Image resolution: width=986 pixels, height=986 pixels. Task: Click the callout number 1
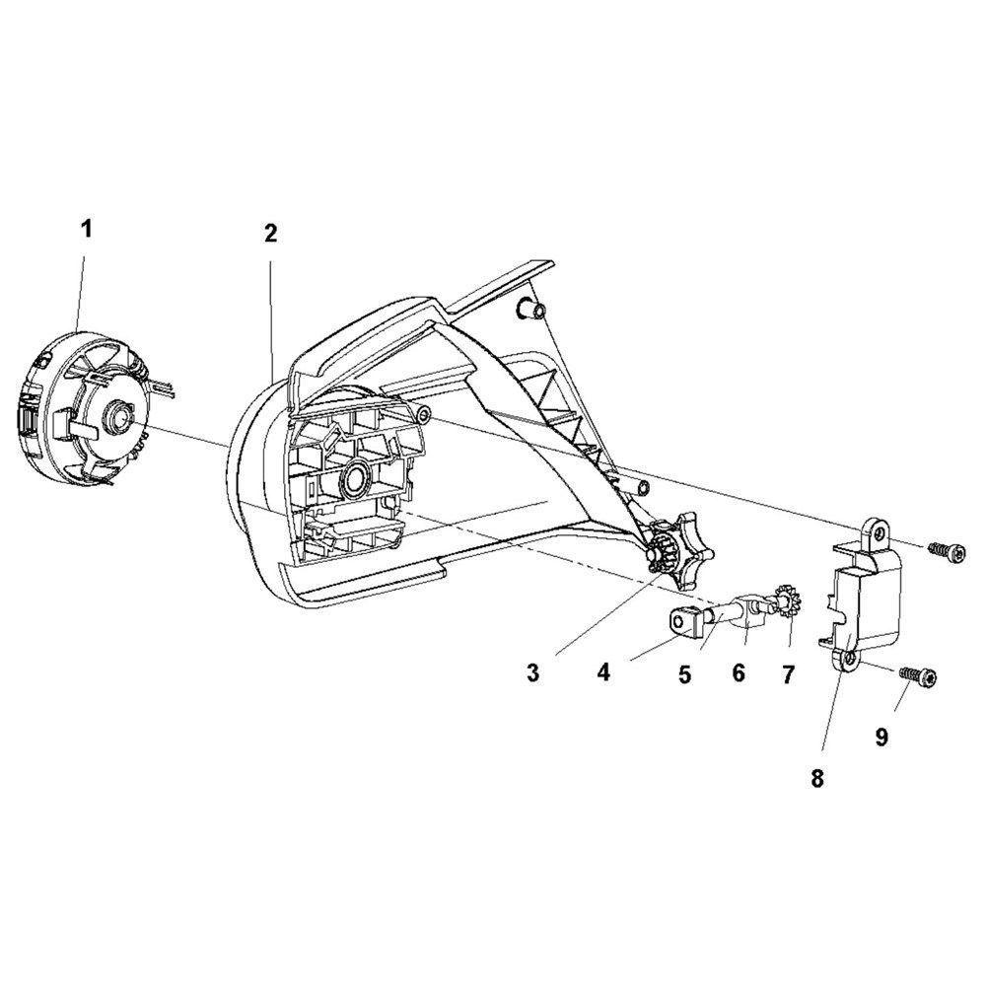86,229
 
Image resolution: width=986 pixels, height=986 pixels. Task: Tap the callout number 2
270,234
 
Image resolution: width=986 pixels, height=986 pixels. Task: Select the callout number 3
533,673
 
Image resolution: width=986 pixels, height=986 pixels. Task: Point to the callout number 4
604,672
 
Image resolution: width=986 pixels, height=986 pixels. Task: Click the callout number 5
685,674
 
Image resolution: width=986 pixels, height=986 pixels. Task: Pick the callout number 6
739,672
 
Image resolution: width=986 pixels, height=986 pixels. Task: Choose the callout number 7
787,674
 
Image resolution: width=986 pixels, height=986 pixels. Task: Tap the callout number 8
816,779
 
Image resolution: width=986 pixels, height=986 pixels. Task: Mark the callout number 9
881,737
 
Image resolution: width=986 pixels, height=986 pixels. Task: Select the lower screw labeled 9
918,678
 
